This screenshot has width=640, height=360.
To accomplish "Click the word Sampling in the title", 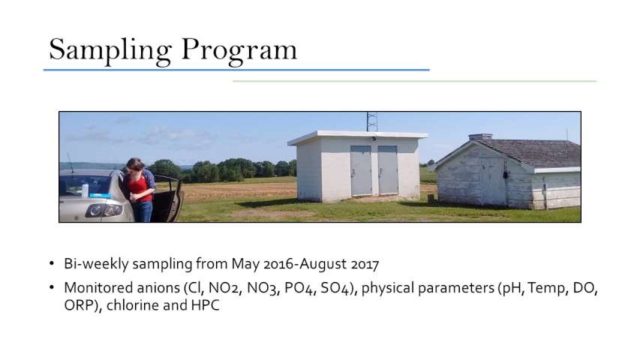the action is point(110,50).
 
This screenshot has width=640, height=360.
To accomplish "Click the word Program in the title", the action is point(239,50).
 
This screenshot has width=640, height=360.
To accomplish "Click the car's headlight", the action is point(104,210).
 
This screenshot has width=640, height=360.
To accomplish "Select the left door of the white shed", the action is point(361,170).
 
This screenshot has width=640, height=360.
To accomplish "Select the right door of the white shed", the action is point(388,169).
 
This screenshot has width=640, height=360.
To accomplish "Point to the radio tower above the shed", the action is point(372,121).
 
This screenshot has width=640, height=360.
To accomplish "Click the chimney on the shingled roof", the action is point(480,136).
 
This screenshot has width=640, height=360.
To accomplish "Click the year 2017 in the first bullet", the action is point(365,264).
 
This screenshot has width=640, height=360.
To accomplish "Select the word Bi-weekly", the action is point(96,264).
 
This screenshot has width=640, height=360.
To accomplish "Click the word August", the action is point(323,265).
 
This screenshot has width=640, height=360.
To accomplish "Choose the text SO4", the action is point(335,288).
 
